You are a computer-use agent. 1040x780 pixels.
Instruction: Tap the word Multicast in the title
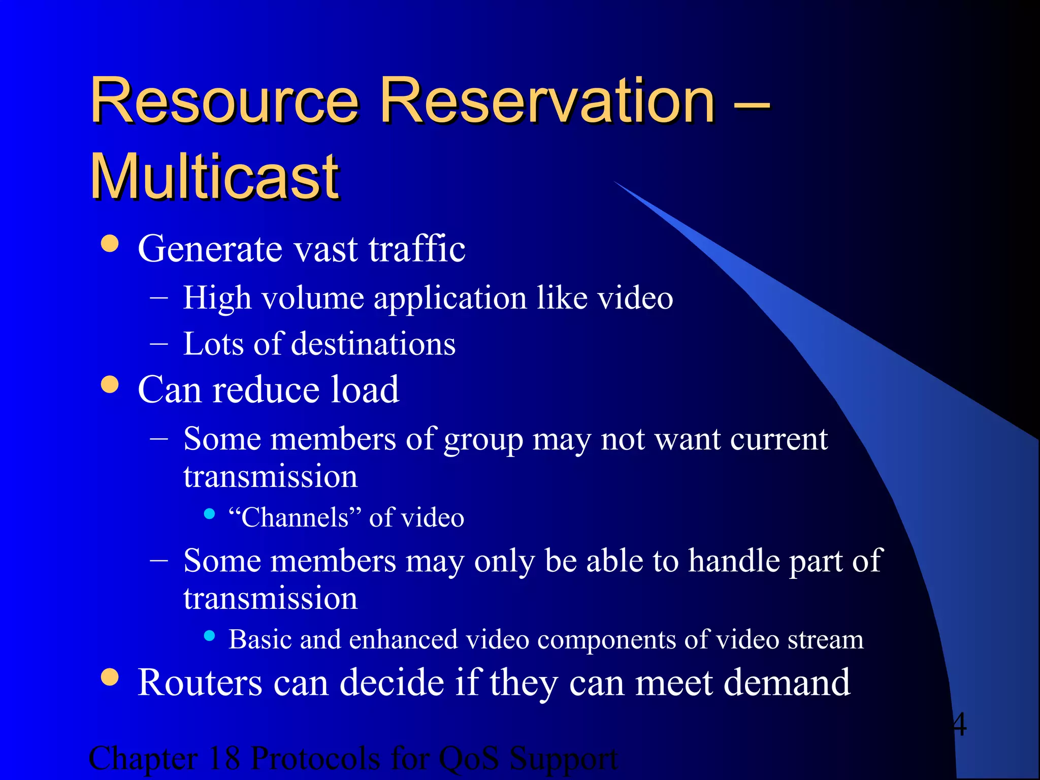[215, 176]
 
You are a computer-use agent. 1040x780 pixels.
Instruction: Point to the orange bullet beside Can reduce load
[110, 384]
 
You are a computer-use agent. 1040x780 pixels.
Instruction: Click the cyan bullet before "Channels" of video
[209, 514]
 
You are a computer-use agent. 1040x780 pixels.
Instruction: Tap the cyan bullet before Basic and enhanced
[209, 635]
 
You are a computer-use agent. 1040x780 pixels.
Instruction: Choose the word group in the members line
[483, 440]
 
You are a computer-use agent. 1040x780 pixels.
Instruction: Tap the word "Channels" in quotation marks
[295, 517]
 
